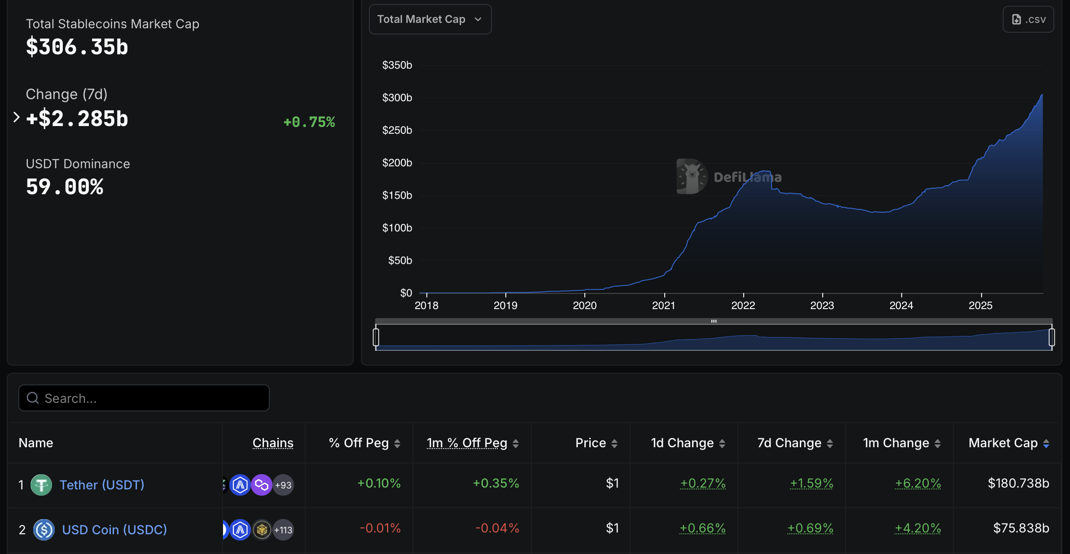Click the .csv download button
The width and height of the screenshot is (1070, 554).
pos(1028,19)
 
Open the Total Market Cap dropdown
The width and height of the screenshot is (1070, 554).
pos(430,19)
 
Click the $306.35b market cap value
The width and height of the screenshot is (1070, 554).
pos(77,47)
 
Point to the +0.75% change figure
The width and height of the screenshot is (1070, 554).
pos(309,122)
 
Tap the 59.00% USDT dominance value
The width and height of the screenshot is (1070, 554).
pos(65,187)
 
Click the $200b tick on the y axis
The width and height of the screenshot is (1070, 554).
pos(397,163)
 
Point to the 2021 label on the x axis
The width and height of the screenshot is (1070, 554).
pos(663,305)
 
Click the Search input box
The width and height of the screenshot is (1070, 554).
pos(144,398)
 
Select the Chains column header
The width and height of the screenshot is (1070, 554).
pos(273,443)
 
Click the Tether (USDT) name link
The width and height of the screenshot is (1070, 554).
pos(102,485)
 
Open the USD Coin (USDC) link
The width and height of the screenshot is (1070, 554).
pos(114,530)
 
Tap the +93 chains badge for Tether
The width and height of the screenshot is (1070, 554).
pos(283,485)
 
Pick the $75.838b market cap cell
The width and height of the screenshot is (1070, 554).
pos(1021,528)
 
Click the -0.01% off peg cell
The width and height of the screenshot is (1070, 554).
pos(380,528)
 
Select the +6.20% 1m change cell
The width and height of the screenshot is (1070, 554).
pos(918,483)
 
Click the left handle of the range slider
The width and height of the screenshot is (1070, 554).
pos(376,337)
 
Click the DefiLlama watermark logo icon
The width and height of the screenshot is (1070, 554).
pos(691,176)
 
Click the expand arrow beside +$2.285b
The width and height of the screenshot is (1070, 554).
pos(17,118)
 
